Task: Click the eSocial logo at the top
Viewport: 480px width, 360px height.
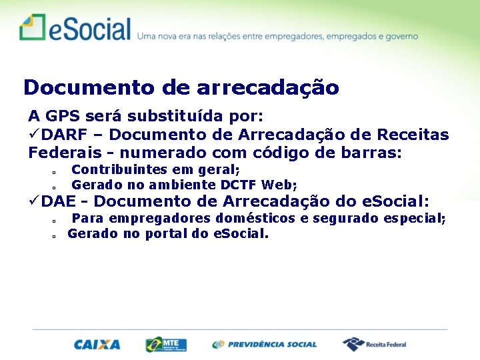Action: coord(75,29)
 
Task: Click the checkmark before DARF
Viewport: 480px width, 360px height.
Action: coord(34,135)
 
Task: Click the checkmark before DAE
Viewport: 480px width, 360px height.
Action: coord(34,201)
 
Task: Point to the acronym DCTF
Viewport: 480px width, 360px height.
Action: coord(239,185)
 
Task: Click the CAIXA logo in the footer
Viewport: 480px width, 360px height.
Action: coord(97,345)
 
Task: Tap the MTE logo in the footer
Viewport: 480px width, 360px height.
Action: coord(166,345)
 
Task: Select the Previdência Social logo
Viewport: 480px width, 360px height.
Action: coord(265,345)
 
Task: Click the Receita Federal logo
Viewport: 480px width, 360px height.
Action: coord(375,344)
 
